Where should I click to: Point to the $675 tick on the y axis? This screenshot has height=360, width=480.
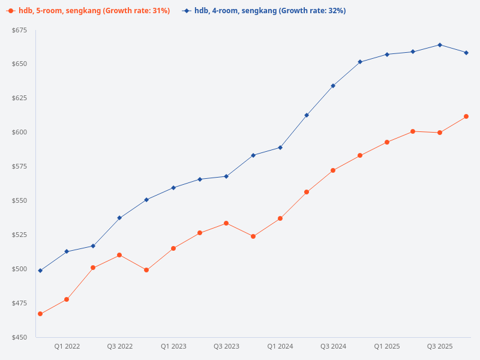tap(20, 31)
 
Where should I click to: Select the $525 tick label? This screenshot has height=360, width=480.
tap(20, 235)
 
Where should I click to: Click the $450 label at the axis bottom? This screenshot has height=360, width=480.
tap(20, 337)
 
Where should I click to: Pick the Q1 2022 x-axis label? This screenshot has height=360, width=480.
tap(67, 346)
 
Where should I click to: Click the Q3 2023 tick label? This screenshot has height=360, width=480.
tap(226, 346)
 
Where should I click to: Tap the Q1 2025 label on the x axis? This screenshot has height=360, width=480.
tap(387, 346)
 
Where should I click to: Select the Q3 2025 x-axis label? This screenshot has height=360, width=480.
tap(440, 346)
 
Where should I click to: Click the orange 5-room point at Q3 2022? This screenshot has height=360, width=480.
tap(119, 255)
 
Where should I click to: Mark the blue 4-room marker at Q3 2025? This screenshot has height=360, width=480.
tap(440, 44)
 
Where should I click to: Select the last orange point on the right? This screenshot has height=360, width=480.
tap(466, 116)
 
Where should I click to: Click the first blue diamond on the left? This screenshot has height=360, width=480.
tap(40, 271)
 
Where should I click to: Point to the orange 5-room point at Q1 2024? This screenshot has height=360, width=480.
tap(280, 218)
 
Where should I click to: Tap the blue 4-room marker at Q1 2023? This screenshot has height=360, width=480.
tap(173, 188)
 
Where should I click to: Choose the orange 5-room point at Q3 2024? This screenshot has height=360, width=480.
tap(333, 170)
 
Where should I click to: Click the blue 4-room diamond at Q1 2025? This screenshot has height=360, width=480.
tap(387, 55)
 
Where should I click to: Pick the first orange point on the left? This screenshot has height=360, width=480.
tap(40, 314)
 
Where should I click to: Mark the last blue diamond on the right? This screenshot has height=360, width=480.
tap(466, 53)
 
